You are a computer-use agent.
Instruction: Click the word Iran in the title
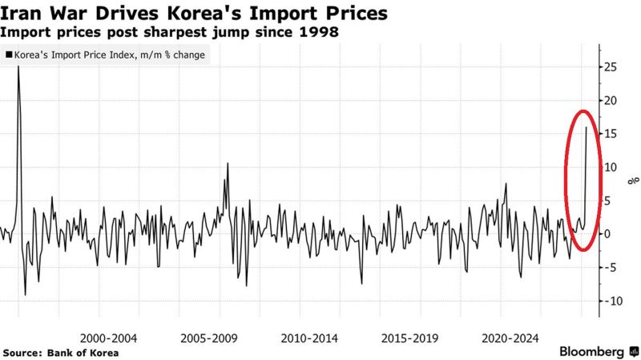coord(22,14)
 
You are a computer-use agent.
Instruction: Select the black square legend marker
coord(9,55)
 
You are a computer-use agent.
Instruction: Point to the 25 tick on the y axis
coord(611,67)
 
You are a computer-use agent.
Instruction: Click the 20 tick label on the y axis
coord(611,101)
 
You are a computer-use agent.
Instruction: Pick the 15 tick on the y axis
coord(611,134)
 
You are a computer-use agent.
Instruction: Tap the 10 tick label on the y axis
coord(611,168)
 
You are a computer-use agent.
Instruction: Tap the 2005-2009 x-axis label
coord(207,339)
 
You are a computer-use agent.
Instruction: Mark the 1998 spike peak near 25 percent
coord(18,67)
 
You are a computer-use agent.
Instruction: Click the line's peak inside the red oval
coord(587,127)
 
